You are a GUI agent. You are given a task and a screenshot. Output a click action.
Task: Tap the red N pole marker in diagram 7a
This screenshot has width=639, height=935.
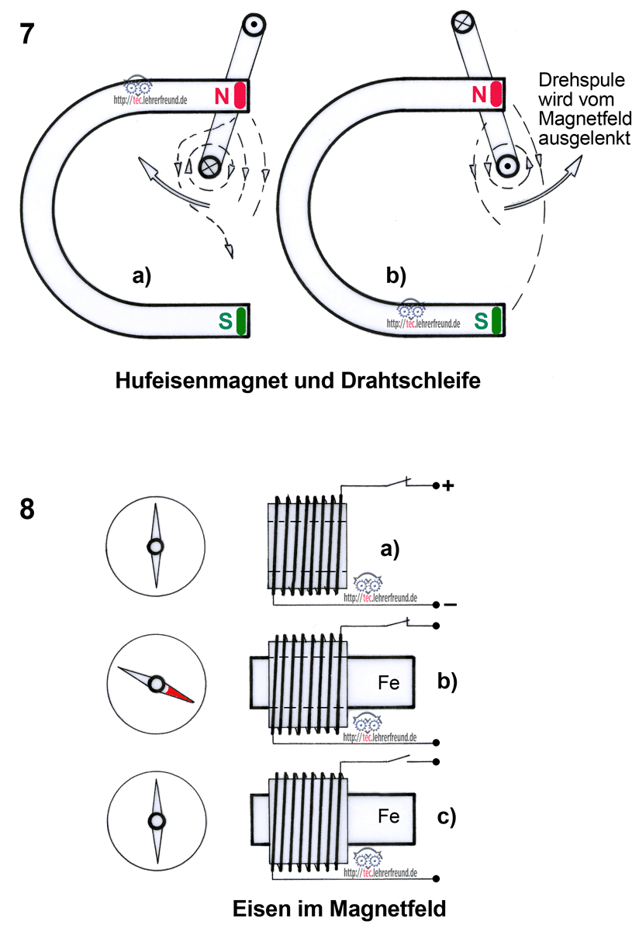240,95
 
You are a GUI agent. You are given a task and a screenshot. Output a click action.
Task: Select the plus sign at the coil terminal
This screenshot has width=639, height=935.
447,486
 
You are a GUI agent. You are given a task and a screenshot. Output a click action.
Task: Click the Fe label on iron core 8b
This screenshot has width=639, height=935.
389,683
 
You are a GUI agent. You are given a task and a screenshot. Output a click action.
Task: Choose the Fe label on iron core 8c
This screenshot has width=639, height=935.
389,816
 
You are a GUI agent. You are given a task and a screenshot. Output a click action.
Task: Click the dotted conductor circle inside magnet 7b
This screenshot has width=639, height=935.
508,164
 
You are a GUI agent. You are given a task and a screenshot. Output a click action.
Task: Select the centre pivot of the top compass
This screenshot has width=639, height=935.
156,547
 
